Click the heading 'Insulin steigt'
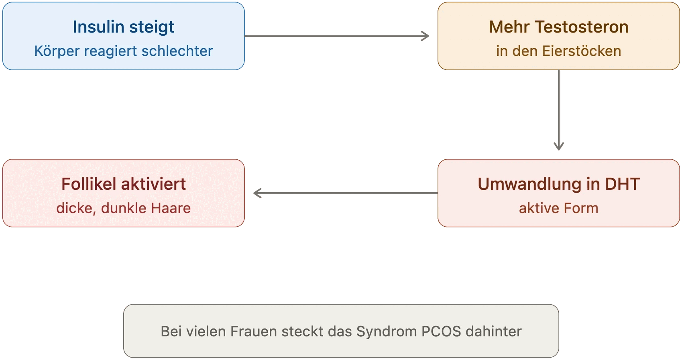click(x=123, y=27)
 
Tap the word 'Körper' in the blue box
click(x=57, y=51)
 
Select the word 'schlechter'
click(x=177, y=51)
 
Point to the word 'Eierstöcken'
click(x=582, y=51)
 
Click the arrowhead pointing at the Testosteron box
click(x=425, y=36)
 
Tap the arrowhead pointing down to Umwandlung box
click(x=559, y=146)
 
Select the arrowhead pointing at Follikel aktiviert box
click(x=258, y=193)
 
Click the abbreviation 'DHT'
click(x=622, y=184)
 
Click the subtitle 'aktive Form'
click(x=559, y=208)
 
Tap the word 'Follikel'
click(x=89, y=184)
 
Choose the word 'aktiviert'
click(x=153, y=184)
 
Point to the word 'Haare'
click(x=171, y=208)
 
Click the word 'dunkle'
click(x=124, y=208)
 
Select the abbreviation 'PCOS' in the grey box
click(x=441, y=332)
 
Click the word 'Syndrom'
click(x=387, y=332)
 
